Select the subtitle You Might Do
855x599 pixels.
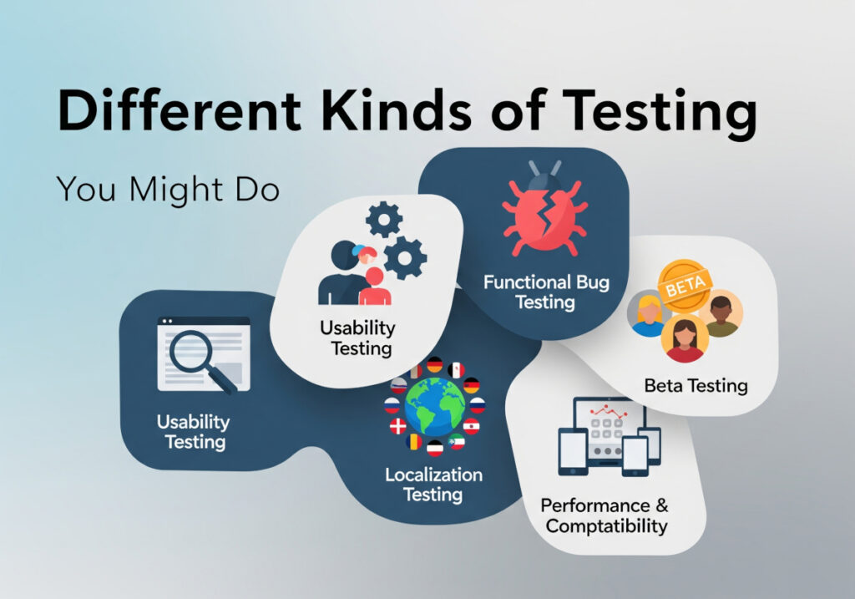pyautogui.click(x=167, y=190)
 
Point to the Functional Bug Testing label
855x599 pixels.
pyautogui.click(x=546, y=292)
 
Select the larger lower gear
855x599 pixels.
pyautogui.click(x=406, y=258)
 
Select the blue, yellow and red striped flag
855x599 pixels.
pyautogui.click(x=414, y=442)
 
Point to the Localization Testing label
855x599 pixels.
pyautogui.click(x=433, y=485)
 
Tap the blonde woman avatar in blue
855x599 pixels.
pyautogui.click(x=648, y=313)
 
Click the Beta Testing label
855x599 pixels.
pyautogui.click(x=696, y=386)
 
